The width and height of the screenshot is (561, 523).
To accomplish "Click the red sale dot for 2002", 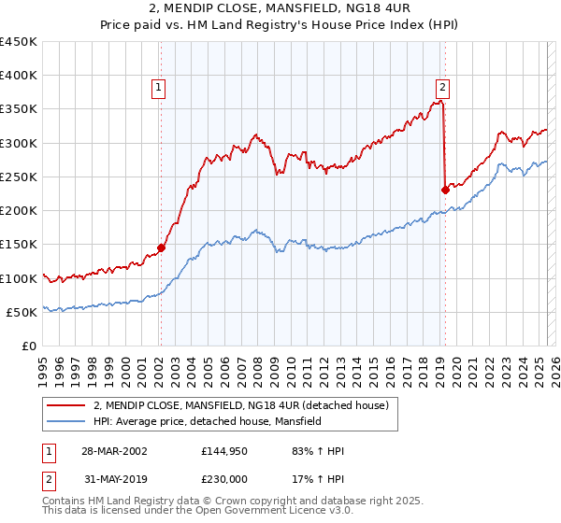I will coord(161,247).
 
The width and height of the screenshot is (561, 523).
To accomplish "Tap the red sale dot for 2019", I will coord(445,191).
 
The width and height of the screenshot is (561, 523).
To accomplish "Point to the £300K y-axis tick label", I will coord(19,143).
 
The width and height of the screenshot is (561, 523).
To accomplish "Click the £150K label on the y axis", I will coord(19,245).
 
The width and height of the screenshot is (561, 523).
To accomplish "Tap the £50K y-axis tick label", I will coord(22,312).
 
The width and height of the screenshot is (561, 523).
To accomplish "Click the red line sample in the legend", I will coord(66,404).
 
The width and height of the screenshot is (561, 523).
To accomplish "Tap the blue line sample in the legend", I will coord(66,421).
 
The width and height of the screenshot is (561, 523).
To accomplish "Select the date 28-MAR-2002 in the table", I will coord(113,451).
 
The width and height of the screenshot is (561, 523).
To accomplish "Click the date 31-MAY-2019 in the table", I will coord(113,479).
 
